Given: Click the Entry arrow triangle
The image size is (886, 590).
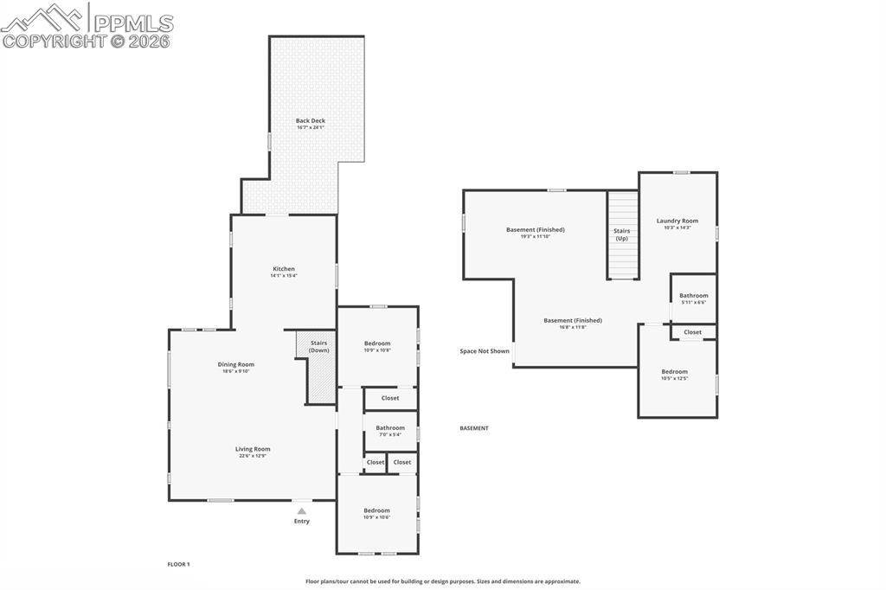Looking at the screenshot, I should click(x=301, y=511).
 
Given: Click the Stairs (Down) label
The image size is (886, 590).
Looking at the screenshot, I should click(x=318, y=346).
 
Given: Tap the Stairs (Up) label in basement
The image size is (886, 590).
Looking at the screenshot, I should click(x=621, y=234).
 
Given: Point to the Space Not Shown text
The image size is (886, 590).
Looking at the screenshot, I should click(x=485, y=351).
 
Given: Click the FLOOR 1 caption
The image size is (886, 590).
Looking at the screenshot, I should click(x=178, y=564).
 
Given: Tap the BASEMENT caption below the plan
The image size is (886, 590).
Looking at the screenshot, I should click(x=473, y=428).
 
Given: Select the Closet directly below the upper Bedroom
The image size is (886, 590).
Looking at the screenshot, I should click(x=390, y=398).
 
